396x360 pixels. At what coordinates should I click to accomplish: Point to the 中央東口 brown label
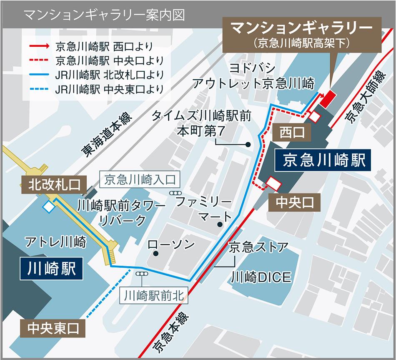click(52, 328)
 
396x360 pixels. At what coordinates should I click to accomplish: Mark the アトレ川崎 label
click(55, 242)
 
